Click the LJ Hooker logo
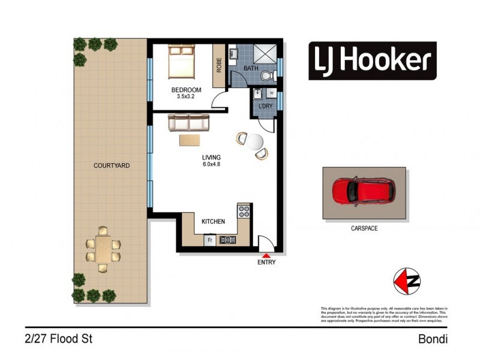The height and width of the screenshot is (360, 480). tap(373, 61)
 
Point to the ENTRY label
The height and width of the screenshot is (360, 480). tap(266, 263)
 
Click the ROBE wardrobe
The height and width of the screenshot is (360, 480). tap(219, 64)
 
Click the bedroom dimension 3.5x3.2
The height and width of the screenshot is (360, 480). tap(187, 97)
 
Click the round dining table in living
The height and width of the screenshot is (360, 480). tap(255, 142)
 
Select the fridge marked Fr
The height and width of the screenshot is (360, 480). tap(210, 240)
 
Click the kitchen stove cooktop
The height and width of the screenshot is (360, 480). tap(244, 211)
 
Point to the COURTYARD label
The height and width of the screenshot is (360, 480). tap(112, 166)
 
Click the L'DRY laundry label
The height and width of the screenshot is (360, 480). tap(264, 106)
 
